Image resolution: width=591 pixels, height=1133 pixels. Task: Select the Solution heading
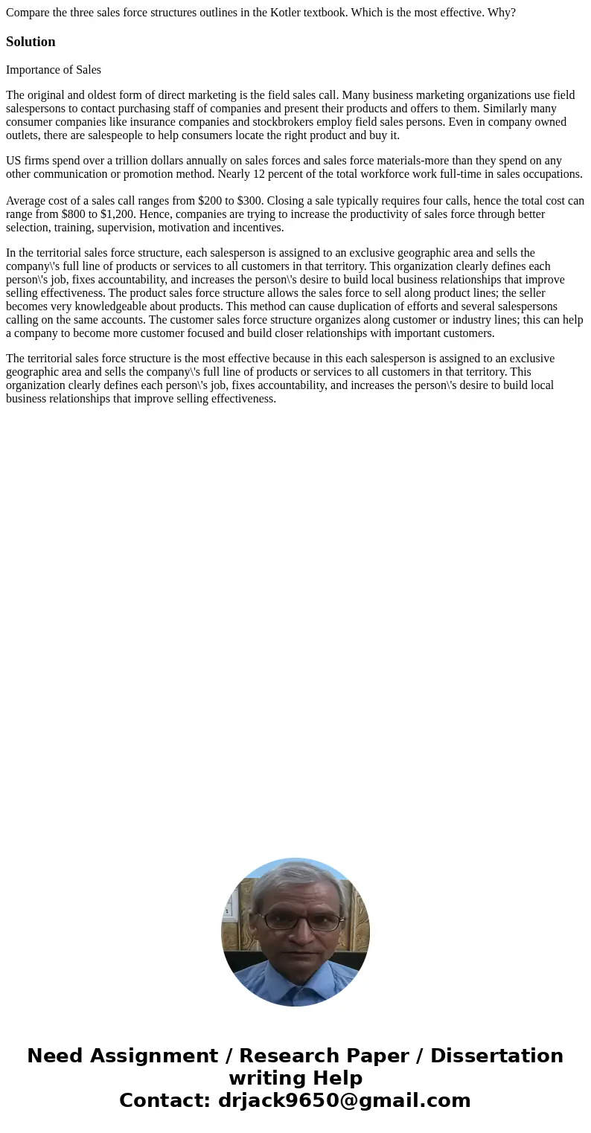coord(31,42)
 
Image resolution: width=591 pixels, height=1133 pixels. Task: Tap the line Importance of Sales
coord(54,70)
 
